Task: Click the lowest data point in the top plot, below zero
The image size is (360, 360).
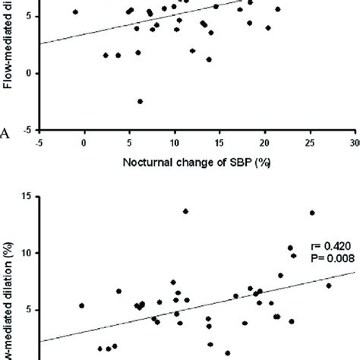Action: pyautogui.click(x=141, y=101)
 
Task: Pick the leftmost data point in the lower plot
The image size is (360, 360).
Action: pyautogui.click(x=81, y=305)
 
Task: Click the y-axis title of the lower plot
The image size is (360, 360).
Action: pyautogui.click(x=9, y=296)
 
